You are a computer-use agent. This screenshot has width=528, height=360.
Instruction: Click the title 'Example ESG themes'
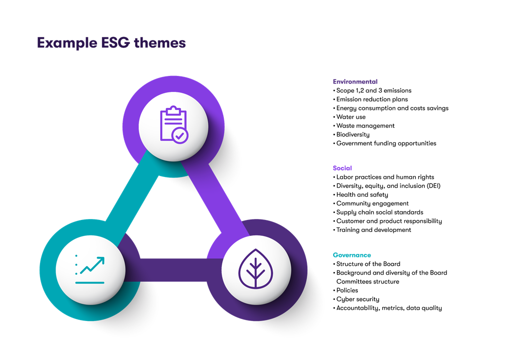(111, 43)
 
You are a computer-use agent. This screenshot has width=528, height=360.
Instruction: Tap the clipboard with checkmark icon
(173, 125)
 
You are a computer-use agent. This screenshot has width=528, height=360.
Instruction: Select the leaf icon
(256, 269)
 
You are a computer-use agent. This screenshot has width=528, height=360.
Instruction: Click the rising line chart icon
(91, 270)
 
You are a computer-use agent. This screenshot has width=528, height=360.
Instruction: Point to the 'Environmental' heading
(355, 81)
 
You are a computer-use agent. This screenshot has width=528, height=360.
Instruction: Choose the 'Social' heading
(342, 168)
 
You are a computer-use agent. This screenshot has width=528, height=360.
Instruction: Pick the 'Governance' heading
(352, 255)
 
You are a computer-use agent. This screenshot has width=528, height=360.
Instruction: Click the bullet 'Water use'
(351, 117)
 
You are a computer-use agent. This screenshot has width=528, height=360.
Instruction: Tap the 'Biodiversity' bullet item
(353, 134)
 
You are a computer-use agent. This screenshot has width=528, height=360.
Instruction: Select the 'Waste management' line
(365, 125)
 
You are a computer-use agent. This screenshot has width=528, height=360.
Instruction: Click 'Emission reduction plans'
(372, 99)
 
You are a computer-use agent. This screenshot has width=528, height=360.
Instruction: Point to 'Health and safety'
(362, 194)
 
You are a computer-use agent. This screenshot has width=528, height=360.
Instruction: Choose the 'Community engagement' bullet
(372, 203)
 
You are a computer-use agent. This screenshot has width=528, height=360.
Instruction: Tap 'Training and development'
(373, 230)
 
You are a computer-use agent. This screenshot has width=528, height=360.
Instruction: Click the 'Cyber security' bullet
(357, 299)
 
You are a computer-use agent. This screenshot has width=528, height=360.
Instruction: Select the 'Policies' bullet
(347, 290)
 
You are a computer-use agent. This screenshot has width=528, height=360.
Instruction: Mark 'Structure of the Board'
(368, 264)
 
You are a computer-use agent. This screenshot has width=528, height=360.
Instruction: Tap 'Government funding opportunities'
(386, 143)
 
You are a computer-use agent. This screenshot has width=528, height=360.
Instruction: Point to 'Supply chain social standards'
(379, 212)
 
